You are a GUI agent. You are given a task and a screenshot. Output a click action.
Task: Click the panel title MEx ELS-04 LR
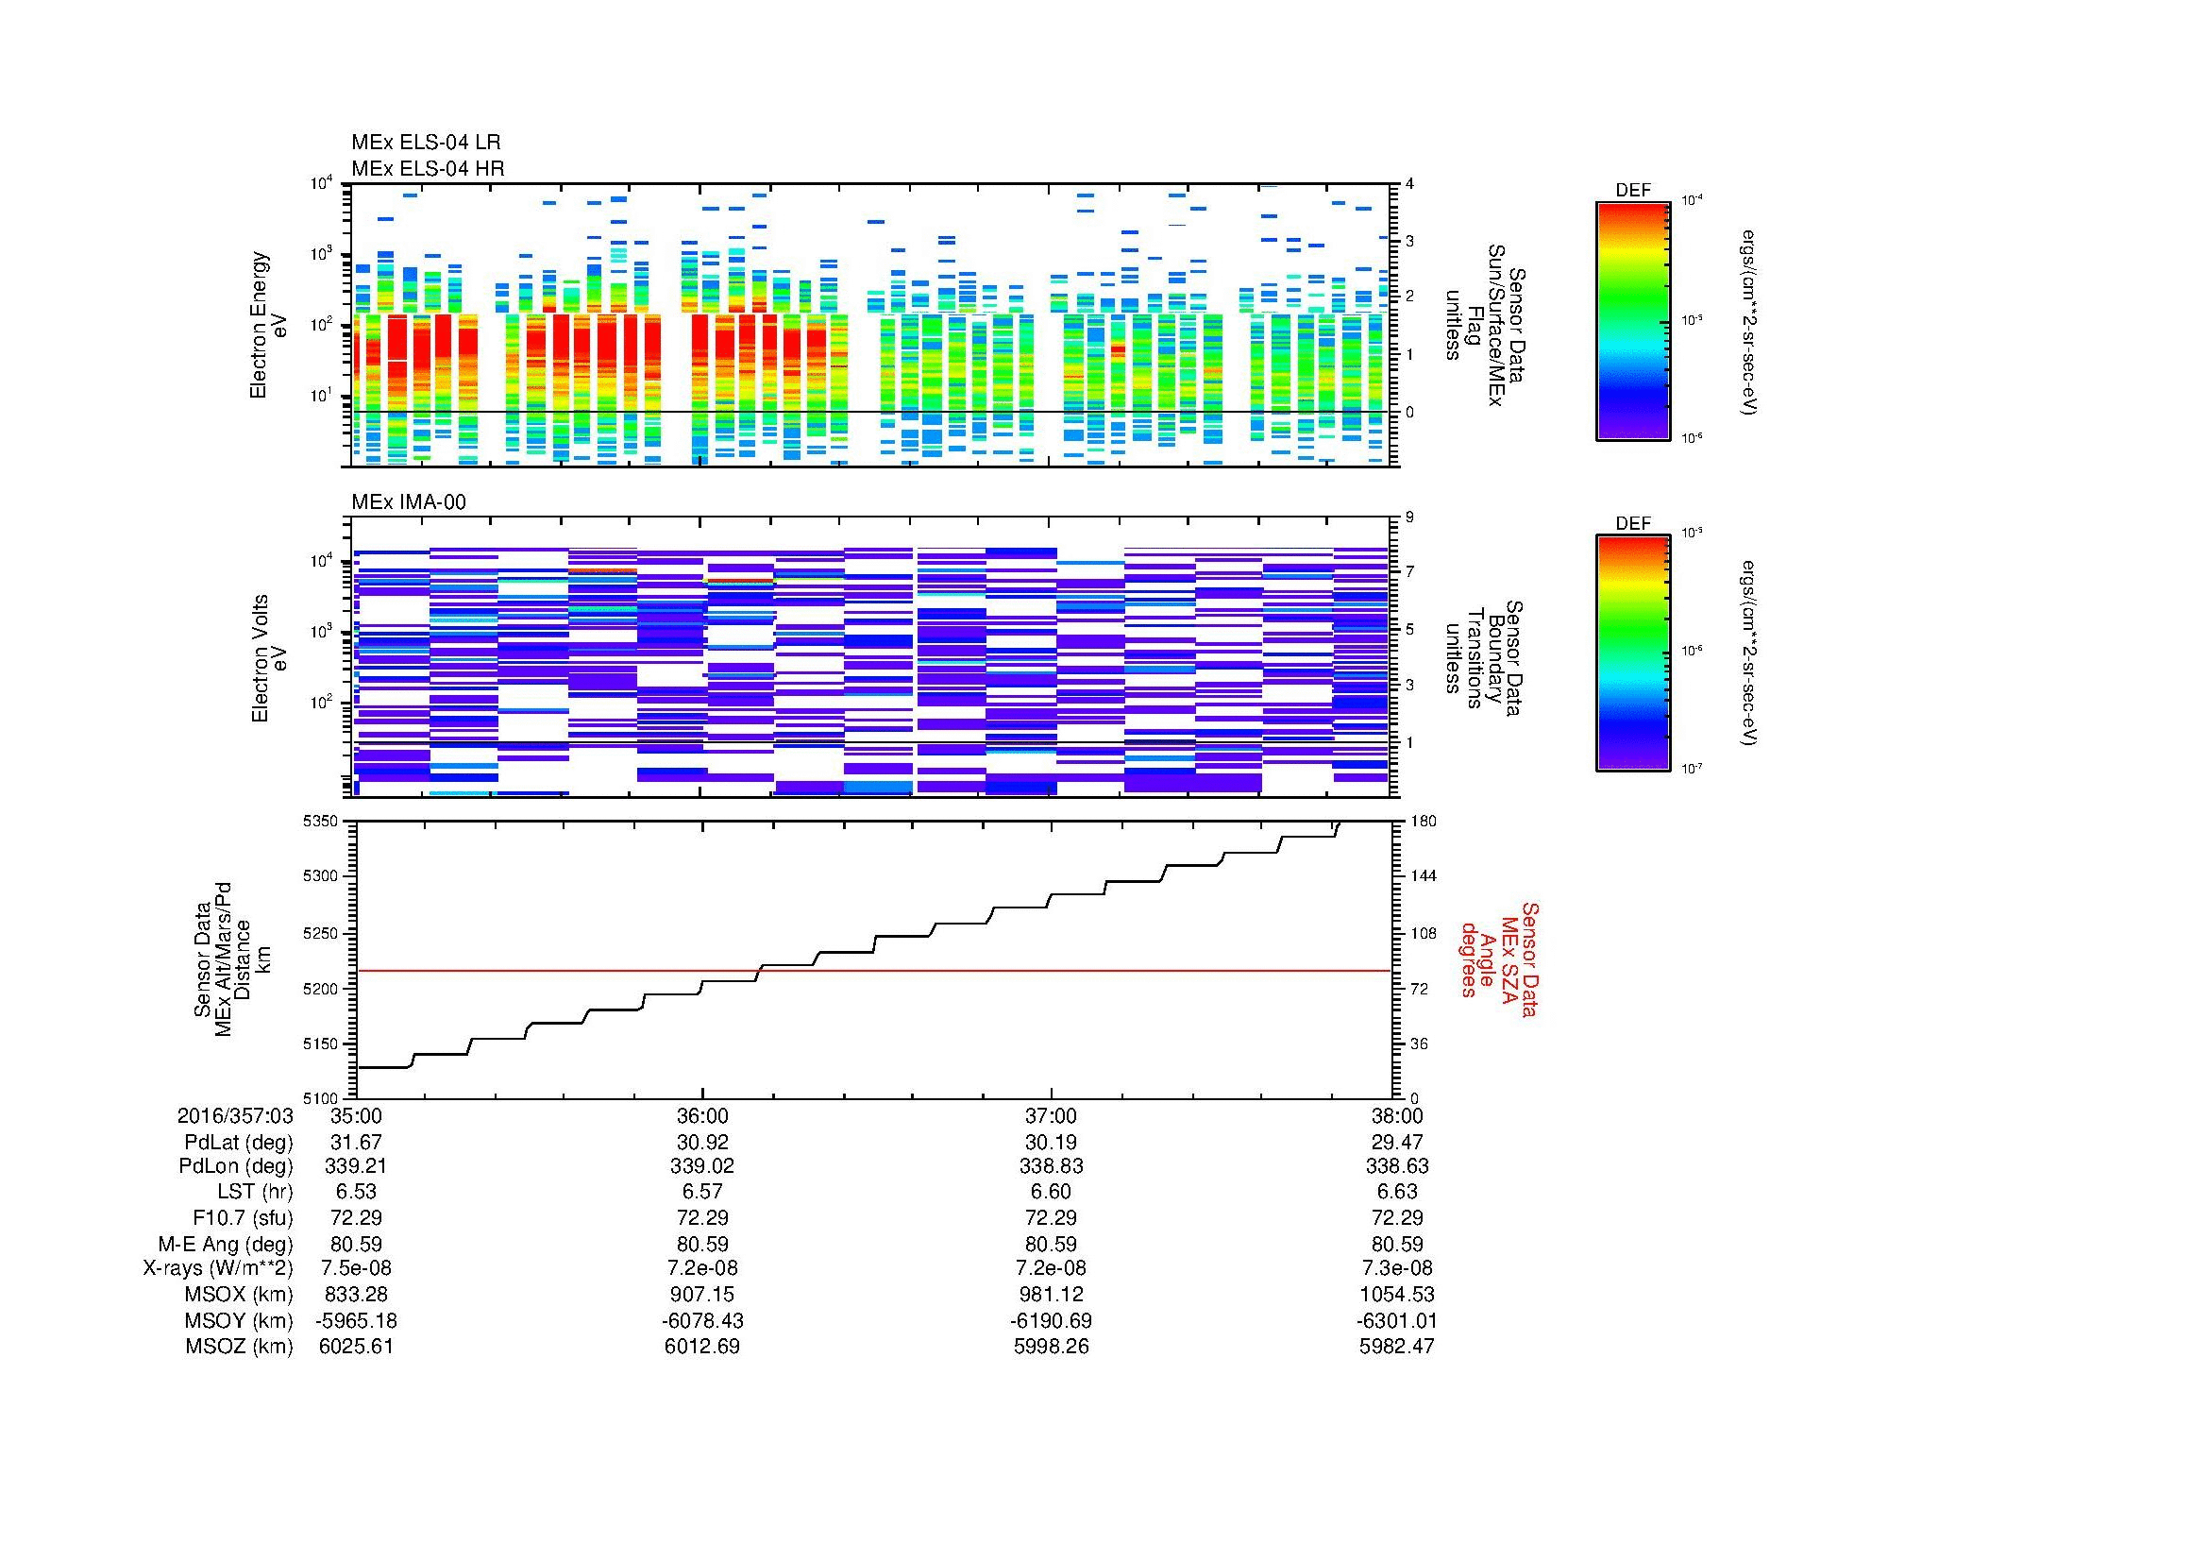(426, 144)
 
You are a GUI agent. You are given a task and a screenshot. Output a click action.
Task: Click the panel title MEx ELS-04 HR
(428, 169)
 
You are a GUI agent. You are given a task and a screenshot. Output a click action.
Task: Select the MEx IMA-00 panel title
(409, 502)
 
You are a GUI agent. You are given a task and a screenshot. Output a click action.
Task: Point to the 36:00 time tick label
(702, 1116)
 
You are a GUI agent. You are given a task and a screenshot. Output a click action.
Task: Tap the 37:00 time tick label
(1050, 1116)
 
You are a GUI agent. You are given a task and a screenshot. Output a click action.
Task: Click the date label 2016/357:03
(235, 1116)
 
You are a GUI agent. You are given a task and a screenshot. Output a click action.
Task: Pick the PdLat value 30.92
(702, 1143)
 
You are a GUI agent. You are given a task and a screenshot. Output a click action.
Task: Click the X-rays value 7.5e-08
(356, 1269)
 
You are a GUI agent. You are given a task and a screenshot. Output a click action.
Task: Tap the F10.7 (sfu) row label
(243, 1218)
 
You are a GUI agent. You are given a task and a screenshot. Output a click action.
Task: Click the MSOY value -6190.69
(1050, 1321)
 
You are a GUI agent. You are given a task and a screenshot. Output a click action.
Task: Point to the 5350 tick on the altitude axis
(322, 822)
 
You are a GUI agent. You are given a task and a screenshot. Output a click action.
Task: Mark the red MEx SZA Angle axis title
(1498, 959)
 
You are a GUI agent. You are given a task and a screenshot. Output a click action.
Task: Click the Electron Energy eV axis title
(269, 325)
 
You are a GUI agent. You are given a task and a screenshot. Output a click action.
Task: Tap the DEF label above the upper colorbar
(1633, 191)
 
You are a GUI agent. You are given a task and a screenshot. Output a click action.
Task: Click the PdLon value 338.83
(1050, 1166)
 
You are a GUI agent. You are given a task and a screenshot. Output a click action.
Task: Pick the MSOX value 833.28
(356, 1296)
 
